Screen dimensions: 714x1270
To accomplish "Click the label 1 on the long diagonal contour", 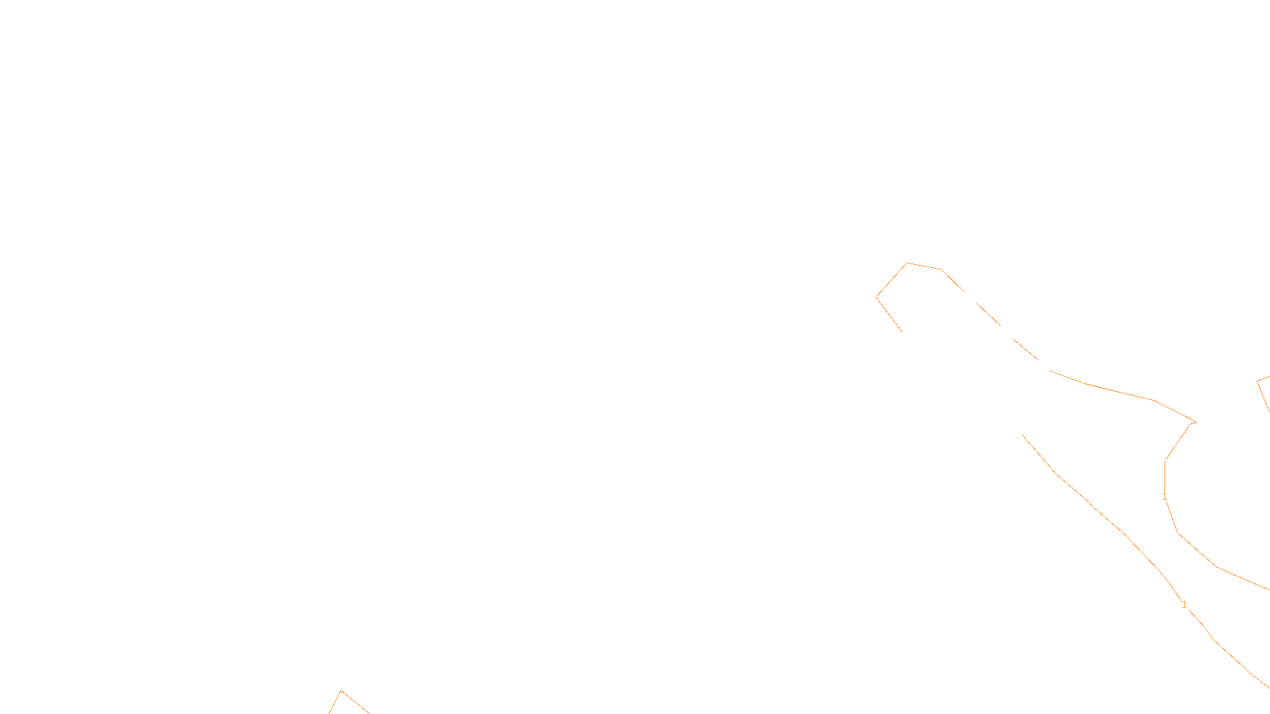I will (x=1184, y=605).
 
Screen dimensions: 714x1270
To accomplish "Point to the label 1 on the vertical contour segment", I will (x=1164, y=496).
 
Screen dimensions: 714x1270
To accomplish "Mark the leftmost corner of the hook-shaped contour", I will (x=876, y=297).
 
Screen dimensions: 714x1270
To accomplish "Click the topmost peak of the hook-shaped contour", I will (x=907, y=263).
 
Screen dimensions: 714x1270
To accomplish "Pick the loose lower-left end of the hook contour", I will (x=902, y=332).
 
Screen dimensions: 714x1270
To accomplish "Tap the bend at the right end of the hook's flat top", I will (x=941, y=270).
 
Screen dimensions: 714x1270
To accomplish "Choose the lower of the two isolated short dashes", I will (x=1025, y=348).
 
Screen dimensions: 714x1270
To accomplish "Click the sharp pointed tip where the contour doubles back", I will (x=1194, y=422).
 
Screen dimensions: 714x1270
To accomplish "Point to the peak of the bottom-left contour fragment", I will (x=341, y=691).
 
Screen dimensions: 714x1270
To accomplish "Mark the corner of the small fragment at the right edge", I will (x=1257, y=382).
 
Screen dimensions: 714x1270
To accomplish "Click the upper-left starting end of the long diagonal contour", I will (x=1022, y=434).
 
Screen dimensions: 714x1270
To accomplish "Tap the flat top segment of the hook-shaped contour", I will (x=924, y=267).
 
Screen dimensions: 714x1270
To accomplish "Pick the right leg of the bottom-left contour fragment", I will (x=356, y=702).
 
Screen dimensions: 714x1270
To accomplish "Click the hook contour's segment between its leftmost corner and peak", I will (x=891, y=280).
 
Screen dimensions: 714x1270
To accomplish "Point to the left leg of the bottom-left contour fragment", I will (x=335, y=703).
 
